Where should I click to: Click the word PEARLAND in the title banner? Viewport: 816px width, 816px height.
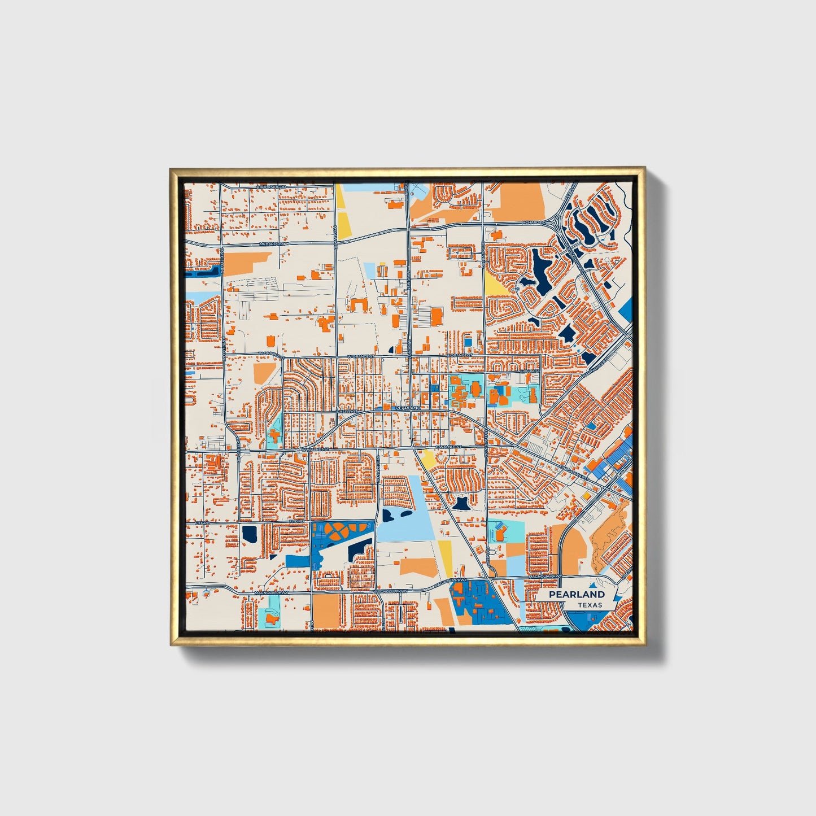(x=577, y=595)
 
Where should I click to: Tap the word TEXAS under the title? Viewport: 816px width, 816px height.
(x=590, y=605)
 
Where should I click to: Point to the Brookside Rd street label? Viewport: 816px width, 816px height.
(x=271, y=187)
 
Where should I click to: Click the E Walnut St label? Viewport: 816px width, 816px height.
(x=450, y=447)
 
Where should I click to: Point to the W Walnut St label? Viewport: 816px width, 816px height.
(x=315, y=450)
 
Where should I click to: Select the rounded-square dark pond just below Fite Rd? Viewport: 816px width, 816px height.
(x=248, y=533)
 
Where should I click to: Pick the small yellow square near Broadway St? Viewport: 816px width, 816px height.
(x=587, y=496)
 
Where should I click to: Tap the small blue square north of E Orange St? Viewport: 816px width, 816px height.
(x=468, y=342)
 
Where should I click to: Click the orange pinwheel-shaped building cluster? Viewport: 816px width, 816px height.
(x=339, y=530)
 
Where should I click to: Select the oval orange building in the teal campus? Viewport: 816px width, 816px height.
(x=475, y=388)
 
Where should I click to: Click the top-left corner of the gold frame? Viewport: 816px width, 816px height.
(x=171, y=168)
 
